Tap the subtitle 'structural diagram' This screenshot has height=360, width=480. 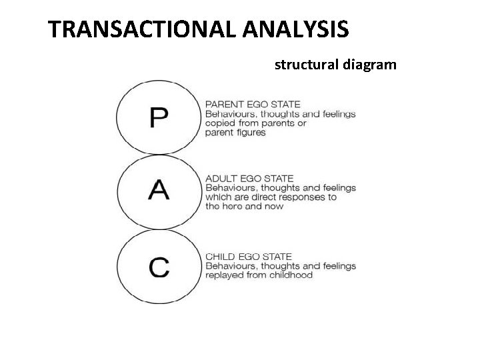click(335, 65)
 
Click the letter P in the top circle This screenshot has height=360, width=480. click(159, 118)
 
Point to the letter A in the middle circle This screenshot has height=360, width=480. click(159, 191)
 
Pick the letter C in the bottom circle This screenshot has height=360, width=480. click(159, 267)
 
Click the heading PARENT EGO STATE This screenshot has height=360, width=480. click(253, 104)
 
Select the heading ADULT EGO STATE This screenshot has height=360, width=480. click(249, 179)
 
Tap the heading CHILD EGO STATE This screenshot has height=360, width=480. click(249, 257)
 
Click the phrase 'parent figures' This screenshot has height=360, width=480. click(235, 133)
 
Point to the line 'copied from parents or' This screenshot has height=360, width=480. click(256, 123)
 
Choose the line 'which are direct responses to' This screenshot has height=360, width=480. click(271, 197)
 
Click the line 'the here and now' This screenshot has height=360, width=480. click(244, 207)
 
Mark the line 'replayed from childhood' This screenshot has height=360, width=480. click(259, 275)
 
